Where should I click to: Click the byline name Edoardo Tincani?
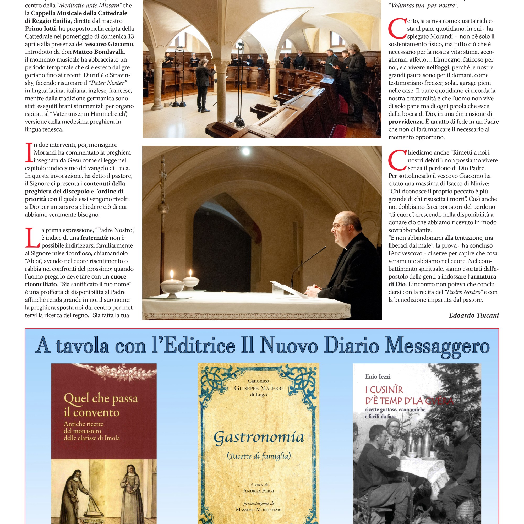[473, 315]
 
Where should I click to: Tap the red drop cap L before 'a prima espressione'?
[32, 238]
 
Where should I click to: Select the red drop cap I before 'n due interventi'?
[29, 153]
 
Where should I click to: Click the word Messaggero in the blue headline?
[437, 347]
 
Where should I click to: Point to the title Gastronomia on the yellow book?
[259, 438]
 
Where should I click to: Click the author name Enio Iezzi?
[378, 376]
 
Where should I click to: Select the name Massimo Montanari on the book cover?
[259, 510]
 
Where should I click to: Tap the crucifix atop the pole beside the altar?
[163, 174]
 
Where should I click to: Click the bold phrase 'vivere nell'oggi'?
[429, 67]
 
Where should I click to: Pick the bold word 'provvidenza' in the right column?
[406, 122]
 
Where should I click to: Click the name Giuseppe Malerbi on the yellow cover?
[259, 388]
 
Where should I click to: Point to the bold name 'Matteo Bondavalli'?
[99, 52]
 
